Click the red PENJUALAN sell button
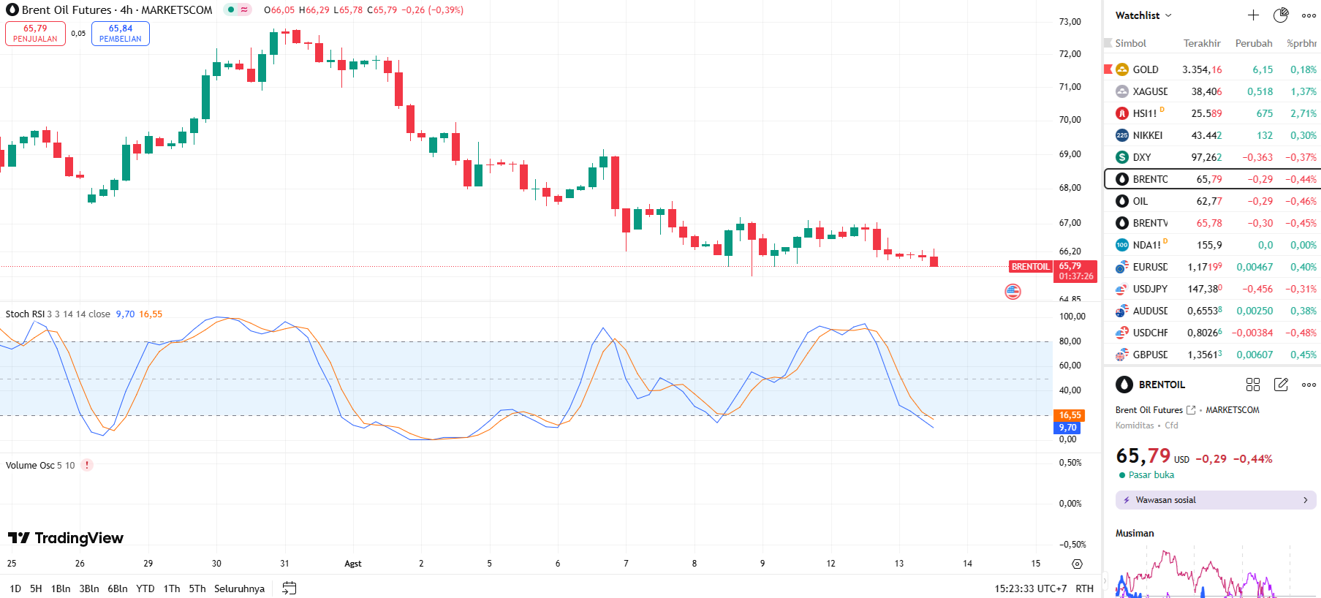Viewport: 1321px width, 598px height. pyautogui.click(x=35, y=34)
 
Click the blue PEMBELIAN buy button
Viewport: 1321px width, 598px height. pyautogui.click(x=121, y=34)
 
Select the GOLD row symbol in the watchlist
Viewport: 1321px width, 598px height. pyautogui.click(x=1145, y=69)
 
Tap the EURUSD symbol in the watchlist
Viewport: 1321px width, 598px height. pyautogui.click(x=1149, y=267)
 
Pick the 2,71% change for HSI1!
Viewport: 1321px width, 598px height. pyautogui.click(x=1303, y=113)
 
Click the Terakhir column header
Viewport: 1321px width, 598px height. pyautogui.click(x=1202, y=43)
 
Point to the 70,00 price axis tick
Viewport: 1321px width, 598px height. pyautogui.click(x=1070, y=120)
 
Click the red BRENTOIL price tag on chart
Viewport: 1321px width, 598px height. pyautogui.click(x=1030, y=267)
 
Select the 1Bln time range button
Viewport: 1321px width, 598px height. pyautogui.click(x=61, y=588)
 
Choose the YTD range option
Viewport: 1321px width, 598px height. pyautogui.click(x=145, y=588)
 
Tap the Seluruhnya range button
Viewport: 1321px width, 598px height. pyautogui.click(x=239, y=588)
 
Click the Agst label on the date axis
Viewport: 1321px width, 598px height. pyautogui.click(x=353, y=564)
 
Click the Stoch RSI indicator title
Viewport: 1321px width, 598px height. pyautogui.click(x=25, y=314)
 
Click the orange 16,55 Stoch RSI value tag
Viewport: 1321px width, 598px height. pyautogui.click(x=1070, y=415)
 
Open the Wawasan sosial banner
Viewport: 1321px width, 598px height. pyautogui.click(x=1216, y=500)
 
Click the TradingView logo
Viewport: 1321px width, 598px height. pyautogui.click(x=66, y=538)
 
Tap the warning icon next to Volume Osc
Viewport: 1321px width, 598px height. pyautogui.click(x=87, y=465)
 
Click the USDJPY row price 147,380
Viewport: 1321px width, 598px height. pyautogui.click(x=1204, y=289)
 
